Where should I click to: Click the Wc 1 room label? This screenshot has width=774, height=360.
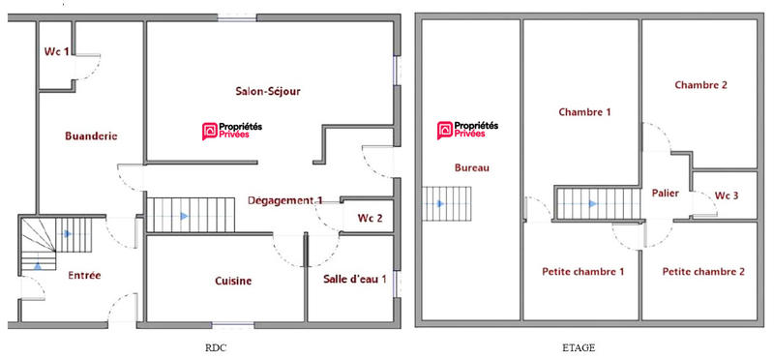click(55, 53)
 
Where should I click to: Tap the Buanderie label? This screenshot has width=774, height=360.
click(91, 136)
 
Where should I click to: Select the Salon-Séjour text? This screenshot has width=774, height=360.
click(268, 92)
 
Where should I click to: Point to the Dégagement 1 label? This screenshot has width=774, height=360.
click(284, 200)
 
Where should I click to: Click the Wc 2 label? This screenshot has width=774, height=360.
click(370, 219)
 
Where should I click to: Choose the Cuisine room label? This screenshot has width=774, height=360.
click(233, 282)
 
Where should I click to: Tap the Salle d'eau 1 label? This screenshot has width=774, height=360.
click(355, 280)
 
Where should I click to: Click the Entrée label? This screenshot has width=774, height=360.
click(84, 276)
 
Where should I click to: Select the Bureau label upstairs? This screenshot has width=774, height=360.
click(472, 167)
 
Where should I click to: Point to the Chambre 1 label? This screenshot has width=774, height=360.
click(584, 112)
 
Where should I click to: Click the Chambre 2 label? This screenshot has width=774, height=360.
click(700, 85)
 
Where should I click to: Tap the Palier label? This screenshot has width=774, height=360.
click(665, 194)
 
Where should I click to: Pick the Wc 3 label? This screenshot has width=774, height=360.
click(727, 196)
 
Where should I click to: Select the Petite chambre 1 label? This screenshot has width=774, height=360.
click(582, 272)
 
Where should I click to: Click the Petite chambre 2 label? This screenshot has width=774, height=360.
click(703, 272)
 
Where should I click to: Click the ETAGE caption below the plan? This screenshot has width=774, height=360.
click(578, 346)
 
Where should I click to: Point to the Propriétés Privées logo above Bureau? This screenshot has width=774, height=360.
click(468, 131)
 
